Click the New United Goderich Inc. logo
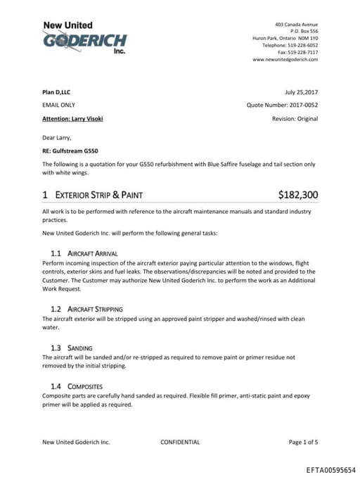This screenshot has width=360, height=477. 84,39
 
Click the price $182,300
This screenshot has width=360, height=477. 298,195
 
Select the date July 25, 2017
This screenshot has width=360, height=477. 302,92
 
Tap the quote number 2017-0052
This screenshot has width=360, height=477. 300,105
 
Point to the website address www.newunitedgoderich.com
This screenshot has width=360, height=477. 285,60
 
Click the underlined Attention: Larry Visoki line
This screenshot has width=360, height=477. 72,118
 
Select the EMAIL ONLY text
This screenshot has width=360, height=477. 59,105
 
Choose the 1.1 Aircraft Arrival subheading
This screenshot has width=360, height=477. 84,253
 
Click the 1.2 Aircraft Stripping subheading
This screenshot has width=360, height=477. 87,309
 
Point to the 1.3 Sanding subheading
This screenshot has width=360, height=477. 72,348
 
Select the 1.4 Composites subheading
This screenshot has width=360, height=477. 77,386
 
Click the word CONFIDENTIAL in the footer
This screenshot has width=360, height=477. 180,443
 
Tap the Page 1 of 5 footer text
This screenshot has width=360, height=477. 303,443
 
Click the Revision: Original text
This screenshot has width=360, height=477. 295,118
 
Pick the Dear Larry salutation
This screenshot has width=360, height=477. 57,137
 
